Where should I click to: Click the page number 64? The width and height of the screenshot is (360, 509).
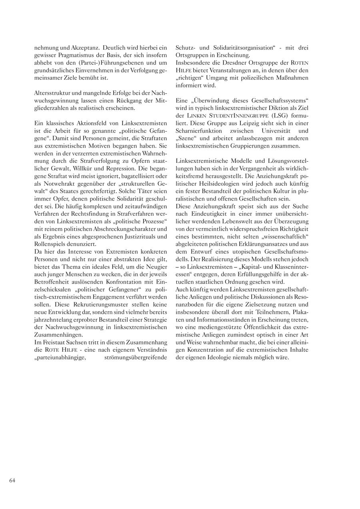[12, 480]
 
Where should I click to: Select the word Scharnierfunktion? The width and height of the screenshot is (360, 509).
[199, 130]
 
